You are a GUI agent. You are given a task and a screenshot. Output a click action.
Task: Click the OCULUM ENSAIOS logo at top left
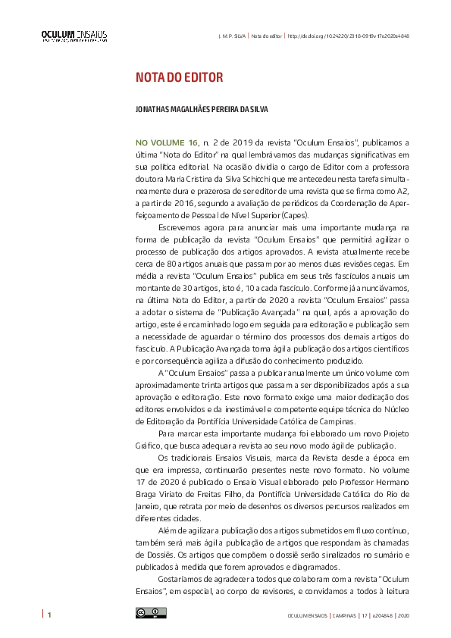tap(74, 36)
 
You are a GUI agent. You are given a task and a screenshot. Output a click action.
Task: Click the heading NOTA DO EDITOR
tap(178, 79)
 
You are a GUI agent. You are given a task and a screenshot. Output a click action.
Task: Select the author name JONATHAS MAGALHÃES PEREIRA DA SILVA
tap(202, 109)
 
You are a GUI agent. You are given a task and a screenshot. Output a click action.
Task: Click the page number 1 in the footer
tap(49, 614)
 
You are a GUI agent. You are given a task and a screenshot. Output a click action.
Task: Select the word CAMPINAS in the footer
tap(341, 615)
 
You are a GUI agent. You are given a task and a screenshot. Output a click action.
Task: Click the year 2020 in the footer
tap(403, 615)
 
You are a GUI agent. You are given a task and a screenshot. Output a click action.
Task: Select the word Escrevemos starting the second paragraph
tap(182, 227)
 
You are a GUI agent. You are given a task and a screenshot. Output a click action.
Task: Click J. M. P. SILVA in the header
tap(231, 36)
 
